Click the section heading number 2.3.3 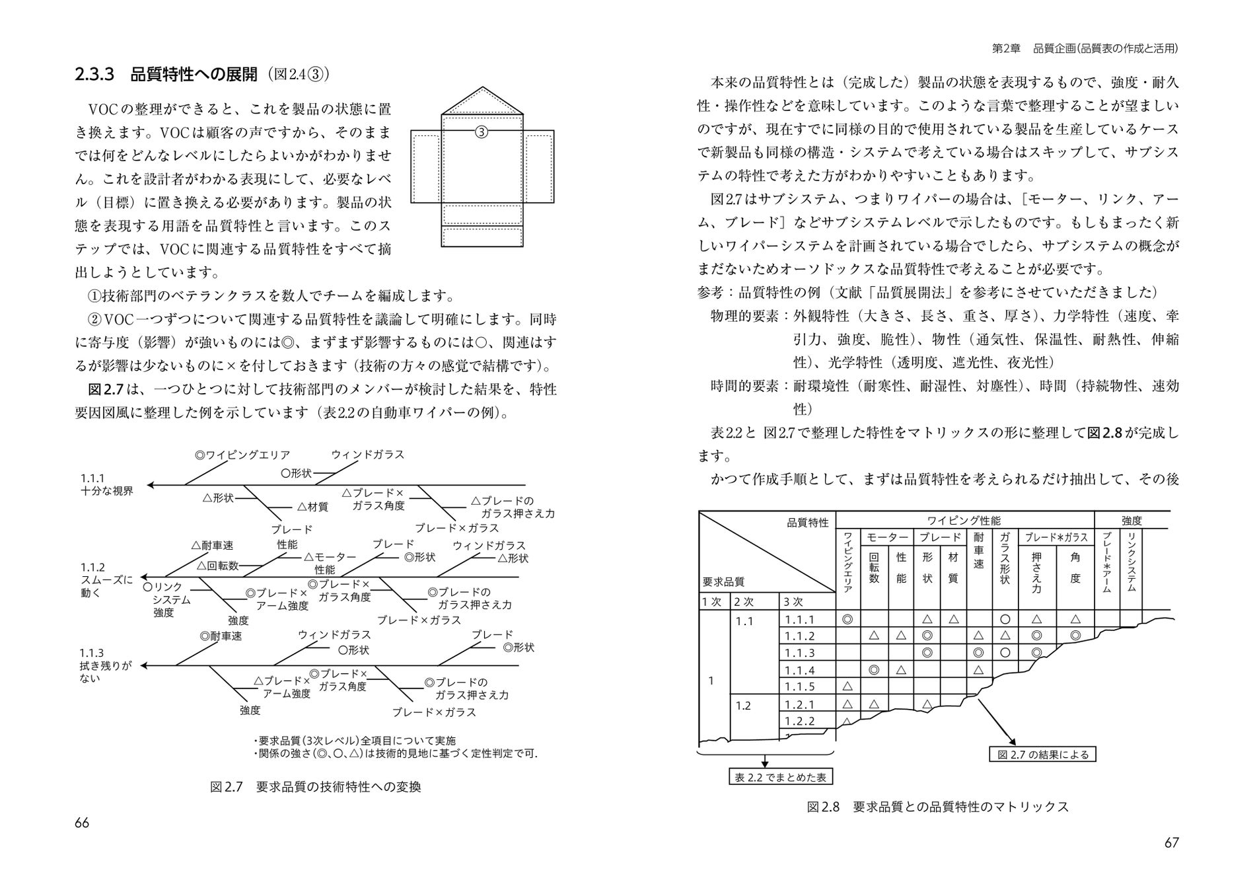(95, 74)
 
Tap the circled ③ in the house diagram (482, 132)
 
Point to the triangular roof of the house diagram (483, 101)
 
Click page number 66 (82, 823)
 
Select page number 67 (1171, 842)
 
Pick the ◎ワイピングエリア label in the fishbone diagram (242, 455)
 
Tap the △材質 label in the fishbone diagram (312, 507)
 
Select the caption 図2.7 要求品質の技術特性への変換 (315, 786)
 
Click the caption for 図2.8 (937, 807)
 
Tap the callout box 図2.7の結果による (1042, 754)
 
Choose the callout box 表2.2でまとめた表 (780, 777)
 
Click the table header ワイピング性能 (964, 521)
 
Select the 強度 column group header (1131, 521)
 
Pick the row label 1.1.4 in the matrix (799, 670)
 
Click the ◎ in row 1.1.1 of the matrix (847, 620)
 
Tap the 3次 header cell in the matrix (793, 601)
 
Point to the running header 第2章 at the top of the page (1006, 49)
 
